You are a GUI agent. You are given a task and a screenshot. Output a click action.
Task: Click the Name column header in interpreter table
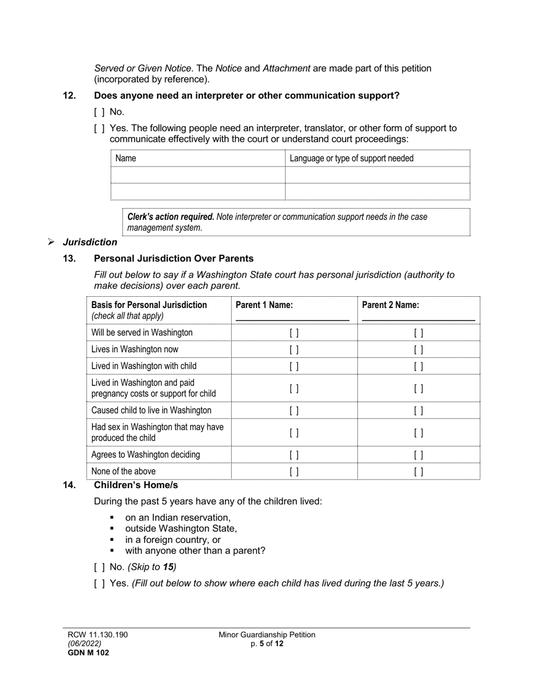tap(126, 158)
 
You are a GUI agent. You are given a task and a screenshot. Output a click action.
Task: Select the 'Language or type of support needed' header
tap(351, 158)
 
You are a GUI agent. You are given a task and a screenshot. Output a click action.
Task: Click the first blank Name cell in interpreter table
tap(198, 175)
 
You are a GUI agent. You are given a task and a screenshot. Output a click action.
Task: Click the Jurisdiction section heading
tap(90, 242)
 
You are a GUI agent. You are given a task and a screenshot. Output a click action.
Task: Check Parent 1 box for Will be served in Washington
tap(294, 333)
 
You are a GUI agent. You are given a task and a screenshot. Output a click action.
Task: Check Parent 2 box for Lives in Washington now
tap(419, 349)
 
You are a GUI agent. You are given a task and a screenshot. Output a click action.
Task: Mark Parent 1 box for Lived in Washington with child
tap(294, 366)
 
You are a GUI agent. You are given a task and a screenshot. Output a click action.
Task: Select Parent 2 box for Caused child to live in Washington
tap(419, 411)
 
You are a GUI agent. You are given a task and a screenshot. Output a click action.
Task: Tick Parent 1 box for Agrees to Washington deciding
tap(294, 455)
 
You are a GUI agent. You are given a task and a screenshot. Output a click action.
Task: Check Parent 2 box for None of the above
tap(419, 472)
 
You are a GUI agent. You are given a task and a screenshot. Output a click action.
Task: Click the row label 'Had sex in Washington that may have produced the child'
tap(157, 433)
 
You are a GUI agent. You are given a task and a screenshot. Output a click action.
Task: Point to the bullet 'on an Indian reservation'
tap(177, 518)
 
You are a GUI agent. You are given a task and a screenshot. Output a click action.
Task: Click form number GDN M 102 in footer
tap(89, 652)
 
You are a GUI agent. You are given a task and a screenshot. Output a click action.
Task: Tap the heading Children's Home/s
tap(136, 485)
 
